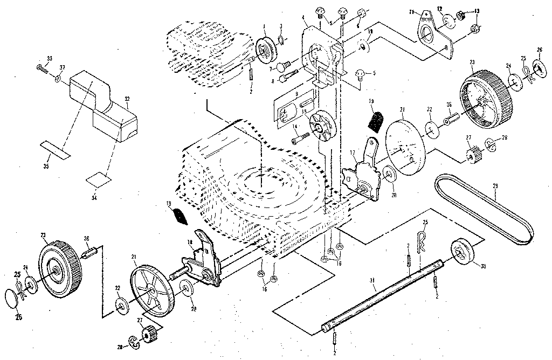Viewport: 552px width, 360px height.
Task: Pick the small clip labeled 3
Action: [x=282, y=38]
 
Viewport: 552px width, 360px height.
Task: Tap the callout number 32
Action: [x=127, y=99]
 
